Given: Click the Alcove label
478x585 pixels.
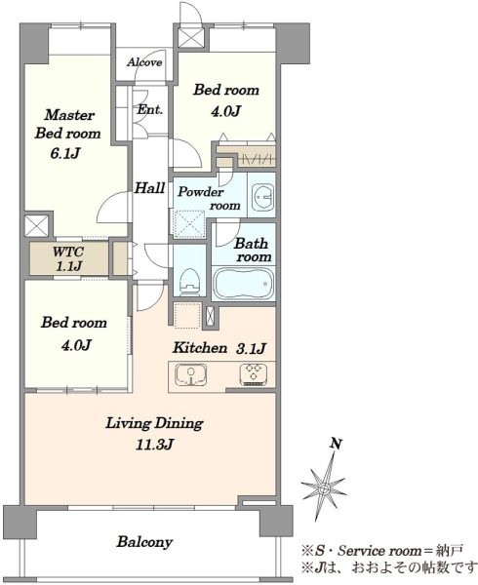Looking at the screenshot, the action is tap(144, 62).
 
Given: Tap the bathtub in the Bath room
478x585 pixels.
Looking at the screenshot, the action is tap(244, 284).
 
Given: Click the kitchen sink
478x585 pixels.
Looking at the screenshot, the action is tap(191, 375).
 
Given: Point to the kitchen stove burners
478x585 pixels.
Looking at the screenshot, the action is tap(254, 373).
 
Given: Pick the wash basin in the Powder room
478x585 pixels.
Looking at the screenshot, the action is tap(263, 197).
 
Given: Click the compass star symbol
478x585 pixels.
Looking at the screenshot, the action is tap(324, 487).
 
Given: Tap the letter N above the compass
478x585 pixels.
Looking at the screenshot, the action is tap(337, 444).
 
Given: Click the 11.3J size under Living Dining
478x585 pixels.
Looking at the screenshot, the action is tap(154, 445).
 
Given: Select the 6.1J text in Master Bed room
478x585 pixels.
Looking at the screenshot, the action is tap(65, 153).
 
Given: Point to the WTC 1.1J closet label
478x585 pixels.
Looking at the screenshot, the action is tap(67, 258).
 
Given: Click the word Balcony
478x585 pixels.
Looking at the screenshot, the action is tap(144, 542).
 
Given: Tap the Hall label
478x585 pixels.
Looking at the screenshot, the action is tap(149, 188).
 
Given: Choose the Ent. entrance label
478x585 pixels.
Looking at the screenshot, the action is tap(150, 109).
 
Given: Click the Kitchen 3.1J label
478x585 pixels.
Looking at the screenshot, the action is tap(219, 348).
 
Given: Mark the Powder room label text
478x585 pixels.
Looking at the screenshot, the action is tap(209, 199).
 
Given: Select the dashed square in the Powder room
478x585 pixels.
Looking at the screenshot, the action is tap(189, 224).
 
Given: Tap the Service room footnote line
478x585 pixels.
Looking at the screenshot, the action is tap(382, 550).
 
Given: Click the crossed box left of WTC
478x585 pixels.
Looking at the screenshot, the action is tap(36, 226).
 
